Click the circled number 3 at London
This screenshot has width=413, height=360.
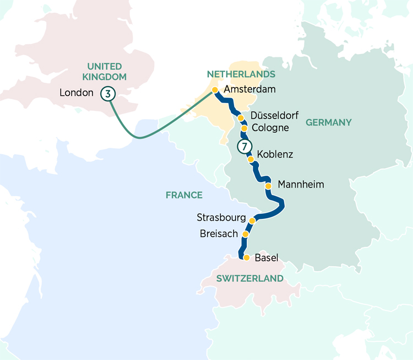(108, 94)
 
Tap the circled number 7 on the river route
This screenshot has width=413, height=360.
(243, 147)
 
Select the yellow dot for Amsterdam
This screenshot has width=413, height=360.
(215, 90)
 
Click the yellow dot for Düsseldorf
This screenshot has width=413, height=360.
(240, 118)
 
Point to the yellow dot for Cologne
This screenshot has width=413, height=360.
(244, 128)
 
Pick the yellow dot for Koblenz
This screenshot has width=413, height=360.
(251, 159)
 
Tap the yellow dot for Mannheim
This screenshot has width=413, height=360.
(268, 186)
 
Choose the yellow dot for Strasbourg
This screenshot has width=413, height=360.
(252, 221)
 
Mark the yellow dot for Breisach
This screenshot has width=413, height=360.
(246, 234)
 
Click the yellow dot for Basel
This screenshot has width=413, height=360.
(247, 257)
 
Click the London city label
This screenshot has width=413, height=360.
(77, 93)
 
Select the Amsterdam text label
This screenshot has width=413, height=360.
(248, 89)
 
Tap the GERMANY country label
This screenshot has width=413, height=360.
(328, 122)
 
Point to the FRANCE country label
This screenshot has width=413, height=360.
(184, 195)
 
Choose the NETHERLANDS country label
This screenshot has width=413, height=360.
(241, 74)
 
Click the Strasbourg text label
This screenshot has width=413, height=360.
(221, 218)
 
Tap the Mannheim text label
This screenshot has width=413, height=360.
(301, 184)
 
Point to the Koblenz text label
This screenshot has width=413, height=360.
(275, 154)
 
